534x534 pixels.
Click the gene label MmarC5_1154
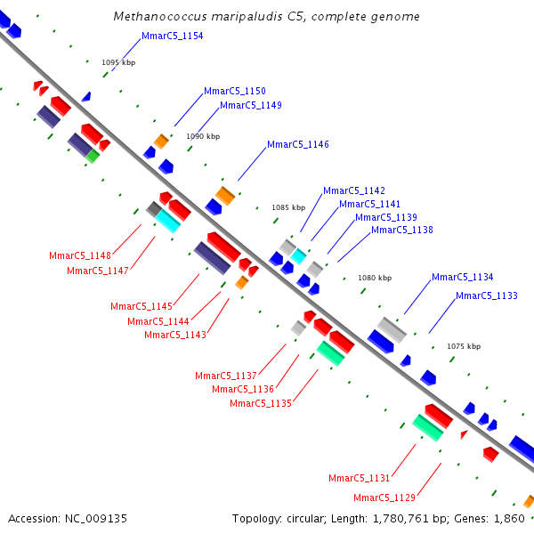[x=173, y=36]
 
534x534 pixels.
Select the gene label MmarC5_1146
[x=298, y=144]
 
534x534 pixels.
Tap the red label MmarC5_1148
[x=80, y=255]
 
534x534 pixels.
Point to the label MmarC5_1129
[x=384, y=498]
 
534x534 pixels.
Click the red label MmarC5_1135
[x=261, y=403]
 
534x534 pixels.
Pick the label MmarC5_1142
[x=354, y=190]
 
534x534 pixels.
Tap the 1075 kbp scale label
[x=463, y=346]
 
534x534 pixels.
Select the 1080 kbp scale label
[x=375, y=278]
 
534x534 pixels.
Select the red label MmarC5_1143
[x=175, y=335]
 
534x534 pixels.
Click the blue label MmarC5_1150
[x=235, y=91]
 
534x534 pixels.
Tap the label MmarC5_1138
[x=402, y=230]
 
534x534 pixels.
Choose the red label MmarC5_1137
[x=226, y=375]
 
